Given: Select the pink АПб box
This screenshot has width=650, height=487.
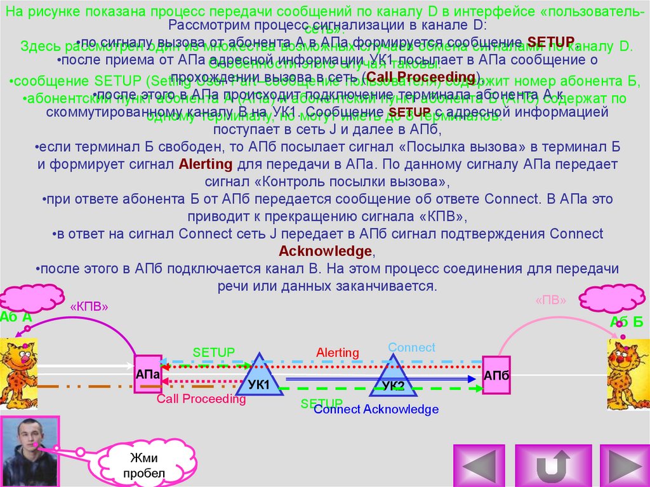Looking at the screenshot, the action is [496, 375].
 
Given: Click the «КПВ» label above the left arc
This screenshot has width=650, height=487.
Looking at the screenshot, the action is [90, 306].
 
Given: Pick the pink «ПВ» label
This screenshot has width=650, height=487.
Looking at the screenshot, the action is [550, 300].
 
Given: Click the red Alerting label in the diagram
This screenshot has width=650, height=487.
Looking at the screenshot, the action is [338, 352].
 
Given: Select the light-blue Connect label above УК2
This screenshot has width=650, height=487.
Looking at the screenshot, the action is [411, 347].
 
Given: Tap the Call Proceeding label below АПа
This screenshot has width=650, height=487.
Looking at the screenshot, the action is [201, 399].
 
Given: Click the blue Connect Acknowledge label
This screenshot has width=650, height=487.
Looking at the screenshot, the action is [376, 410].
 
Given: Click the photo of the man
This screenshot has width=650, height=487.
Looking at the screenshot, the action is [30, 451].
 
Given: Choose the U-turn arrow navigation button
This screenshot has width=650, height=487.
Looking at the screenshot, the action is [550, 465].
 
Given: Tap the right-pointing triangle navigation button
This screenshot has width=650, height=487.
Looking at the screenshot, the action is [620, 465].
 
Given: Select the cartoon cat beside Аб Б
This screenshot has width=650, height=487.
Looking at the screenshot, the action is [628, 375].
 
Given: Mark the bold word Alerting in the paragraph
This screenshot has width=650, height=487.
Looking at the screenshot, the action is [206, 164].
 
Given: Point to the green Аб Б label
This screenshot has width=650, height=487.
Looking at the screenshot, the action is [626, 322].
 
